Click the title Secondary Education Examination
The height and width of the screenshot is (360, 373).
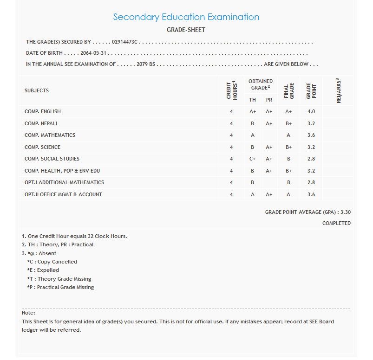pyautogui.click(x=186, y=17)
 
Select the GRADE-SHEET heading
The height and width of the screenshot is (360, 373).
pyautogui.click(x=186, y=30)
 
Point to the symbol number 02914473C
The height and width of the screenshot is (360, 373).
pyautogui.click(x=125, y=42)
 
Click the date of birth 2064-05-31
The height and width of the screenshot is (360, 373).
pyautogui.click(x=93, y=53)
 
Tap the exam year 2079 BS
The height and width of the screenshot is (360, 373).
pyautogui.click(x=146, y=64)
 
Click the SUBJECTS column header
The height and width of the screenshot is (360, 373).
pyautogui.click(x=37, y=90)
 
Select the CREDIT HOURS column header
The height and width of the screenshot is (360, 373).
pyautogui.click(x=231, y=90)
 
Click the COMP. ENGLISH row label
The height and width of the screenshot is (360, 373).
pyautogui.click(x=43, y=111)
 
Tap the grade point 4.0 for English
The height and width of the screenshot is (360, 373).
pyautogui.click(x=311, y=111)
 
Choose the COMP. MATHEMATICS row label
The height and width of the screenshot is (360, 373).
pyautogui.click(x=50, y=135)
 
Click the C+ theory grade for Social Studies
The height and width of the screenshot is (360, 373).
pyautogui.click(x=252, y=159)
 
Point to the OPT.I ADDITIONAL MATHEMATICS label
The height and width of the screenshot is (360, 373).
pyautogui.click(x=64, y=182)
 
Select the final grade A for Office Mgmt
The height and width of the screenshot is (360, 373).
pyautogui.click(x=288, y=194)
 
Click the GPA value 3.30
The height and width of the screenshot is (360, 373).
pyautogui.click(x=345, y=212)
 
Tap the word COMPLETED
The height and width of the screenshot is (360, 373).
pyautogui.click(x=336, y=223)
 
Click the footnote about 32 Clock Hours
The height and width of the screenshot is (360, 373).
pyautogui.click(x=74, y=236)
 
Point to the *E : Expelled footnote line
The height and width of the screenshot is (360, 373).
pyautogui.click(x=43, y=270)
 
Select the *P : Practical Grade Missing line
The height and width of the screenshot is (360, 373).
pyautogui.click(x=60, y=287)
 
